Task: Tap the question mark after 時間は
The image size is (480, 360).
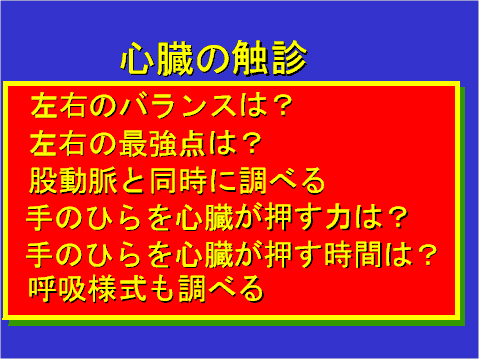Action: (427, 254)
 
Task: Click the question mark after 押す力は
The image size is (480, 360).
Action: (397, 218)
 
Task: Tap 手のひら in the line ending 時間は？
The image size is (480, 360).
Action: (77, 254)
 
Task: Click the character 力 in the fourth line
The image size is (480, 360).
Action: (338, 218)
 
